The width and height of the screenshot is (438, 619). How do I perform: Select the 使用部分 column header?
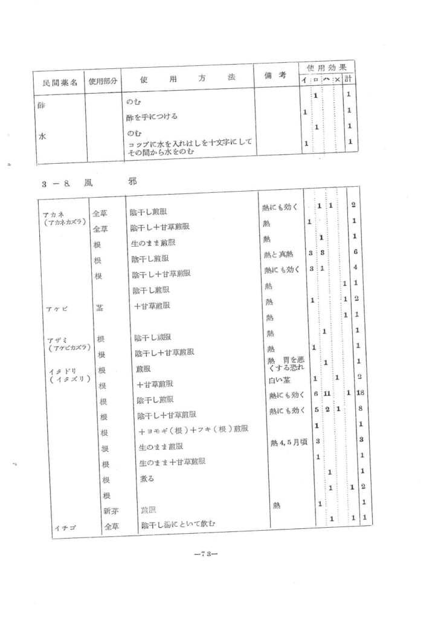pos(103,82)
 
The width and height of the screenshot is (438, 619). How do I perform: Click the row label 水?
pos(43,136)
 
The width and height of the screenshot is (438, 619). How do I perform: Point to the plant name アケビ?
pos(56,309)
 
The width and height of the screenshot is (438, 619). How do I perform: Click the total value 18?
pos(360,394)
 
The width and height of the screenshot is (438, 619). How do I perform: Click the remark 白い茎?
pos(279,380)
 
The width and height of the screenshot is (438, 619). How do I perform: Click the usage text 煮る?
pos(147,479)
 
